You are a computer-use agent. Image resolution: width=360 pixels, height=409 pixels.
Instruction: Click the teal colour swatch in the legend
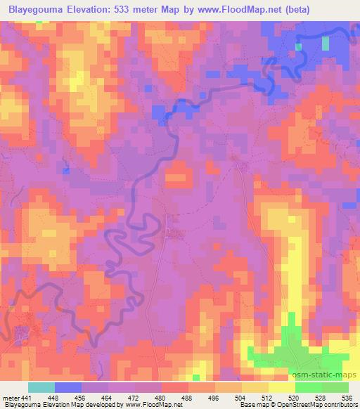pyautogui.click(x=41, y=387)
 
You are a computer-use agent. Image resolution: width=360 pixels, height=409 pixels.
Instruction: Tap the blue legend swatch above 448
pyautogui.click(x=68, y=387)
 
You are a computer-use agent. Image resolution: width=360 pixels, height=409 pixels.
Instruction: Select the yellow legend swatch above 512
pyautogui.click(x=255, y=387)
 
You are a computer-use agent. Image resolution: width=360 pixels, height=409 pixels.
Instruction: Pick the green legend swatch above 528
pyautogui.click(x=309, y=387)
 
